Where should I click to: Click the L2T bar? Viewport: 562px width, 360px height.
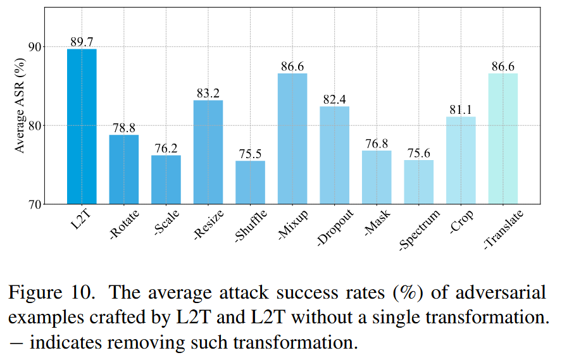[x=82, y=127]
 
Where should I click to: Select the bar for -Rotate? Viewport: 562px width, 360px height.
[x=124, y=170]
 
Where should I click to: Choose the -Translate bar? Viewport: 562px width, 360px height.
[x=503, y=139]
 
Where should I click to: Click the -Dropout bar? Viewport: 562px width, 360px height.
[x=334, y=155]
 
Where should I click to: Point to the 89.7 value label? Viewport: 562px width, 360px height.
[x=82, y=42]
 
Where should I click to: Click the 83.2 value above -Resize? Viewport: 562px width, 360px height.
[x=208, y=94]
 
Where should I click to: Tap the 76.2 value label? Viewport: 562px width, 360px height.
[x=166, y=149]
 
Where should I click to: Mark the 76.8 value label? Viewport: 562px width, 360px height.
[x=377, y=144]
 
